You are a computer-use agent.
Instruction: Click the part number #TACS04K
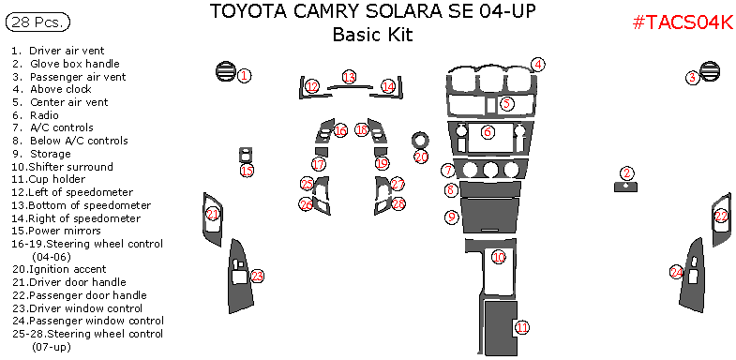(683, 22)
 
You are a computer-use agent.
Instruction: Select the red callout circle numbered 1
(243, 75)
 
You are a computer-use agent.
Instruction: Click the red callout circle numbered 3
(692, 78)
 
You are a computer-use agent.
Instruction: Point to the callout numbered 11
(521, 327)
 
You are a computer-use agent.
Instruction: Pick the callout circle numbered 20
(421, 157)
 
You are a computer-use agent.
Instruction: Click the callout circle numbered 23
(257, 276)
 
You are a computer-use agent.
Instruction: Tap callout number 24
(677, 272)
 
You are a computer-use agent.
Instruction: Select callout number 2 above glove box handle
(626, 172)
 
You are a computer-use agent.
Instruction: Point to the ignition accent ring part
(420, 140)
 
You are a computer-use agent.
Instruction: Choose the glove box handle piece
(625, 187)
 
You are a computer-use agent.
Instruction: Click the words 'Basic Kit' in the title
(372, 36)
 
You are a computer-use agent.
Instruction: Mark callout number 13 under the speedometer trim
(349, 77)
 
